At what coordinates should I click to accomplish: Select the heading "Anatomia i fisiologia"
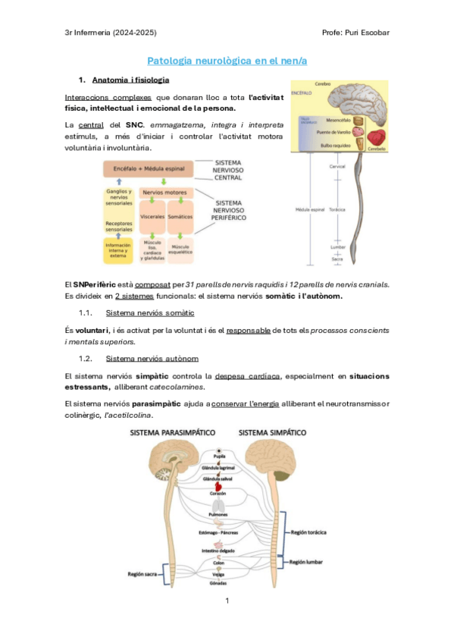point(130,80)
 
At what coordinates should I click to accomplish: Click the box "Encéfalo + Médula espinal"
point(148,168)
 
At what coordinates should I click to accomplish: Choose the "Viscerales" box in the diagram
point(153,217)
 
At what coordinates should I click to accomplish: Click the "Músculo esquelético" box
point(180,248)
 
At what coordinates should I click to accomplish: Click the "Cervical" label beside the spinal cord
point(337,165)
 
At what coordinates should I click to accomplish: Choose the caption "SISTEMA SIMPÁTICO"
point(273,432)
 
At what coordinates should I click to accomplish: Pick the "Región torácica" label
point(308,532)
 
